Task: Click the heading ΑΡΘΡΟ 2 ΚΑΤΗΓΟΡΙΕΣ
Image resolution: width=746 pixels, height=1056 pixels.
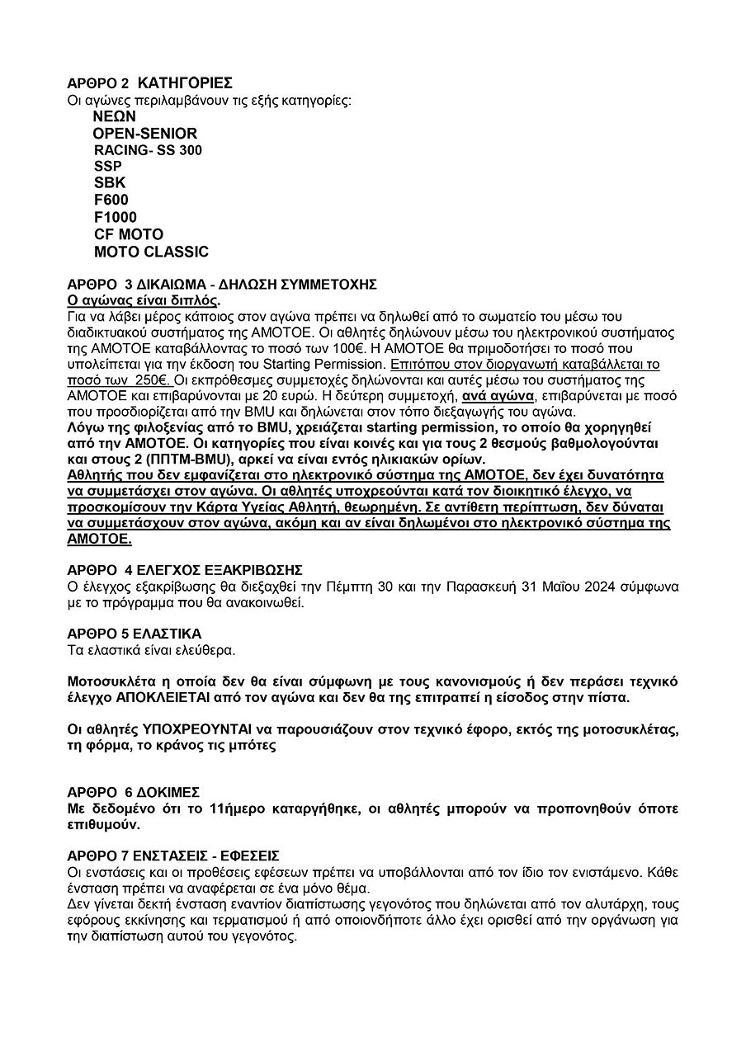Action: pos(149,83)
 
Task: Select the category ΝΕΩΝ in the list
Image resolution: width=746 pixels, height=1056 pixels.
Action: pos(115,116)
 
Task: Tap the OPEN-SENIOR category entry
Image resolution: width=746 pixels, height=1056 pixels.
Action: pos(145,134)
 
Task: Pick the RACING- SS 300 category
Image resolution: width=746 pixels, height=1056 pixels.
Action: pos(148,150)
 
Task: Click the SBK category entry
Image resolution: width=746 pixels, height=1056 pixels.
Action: pos(110,183)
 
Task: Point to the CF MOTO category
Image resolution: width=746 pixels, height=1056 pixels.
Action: pos(129,234)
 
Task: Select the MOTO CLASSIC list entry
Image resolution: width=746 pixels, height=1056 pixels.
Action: pos(151,252)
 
